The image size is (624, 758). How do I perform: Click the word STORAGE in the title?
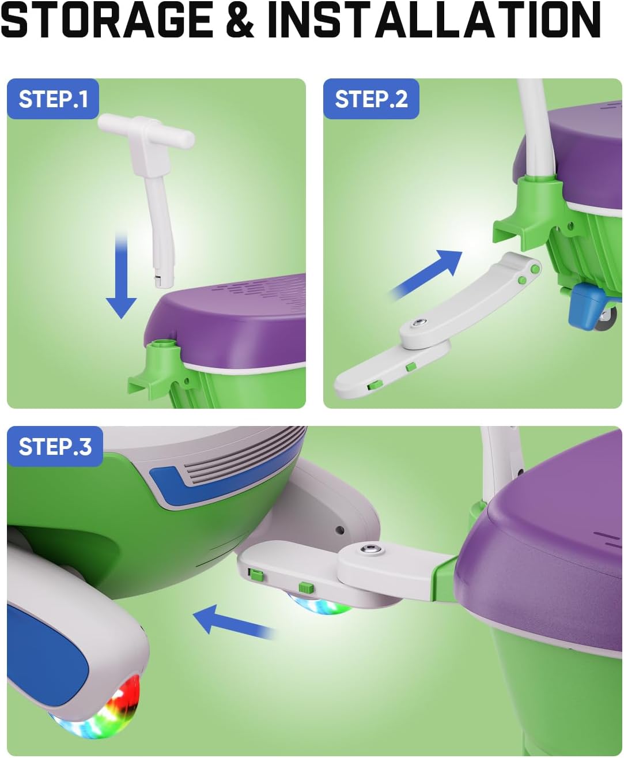tap(107, 21)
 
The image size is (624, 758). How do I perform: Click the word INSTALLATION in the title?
tap(434, 21)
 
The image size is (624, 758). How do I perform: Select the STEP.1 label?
tap(53, 99)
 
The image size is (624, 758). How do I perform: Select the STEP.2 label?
tap(371, 99)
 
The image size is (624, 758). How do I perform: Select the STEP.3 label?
tap(55, 446)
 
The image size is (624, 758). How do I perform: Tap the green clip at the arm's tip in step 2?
tap(373, 386)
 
